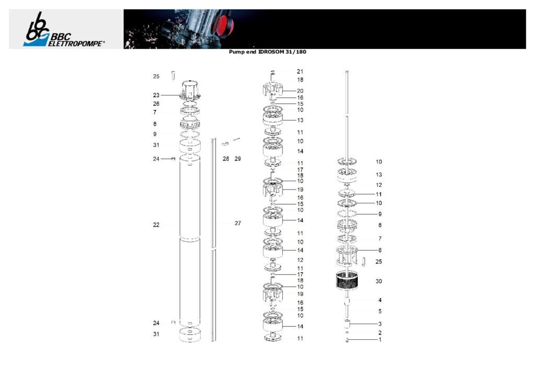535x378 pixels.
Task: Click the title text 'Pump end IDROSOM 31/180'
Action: point(267,52)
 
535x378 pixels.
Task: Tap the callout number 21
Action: point(300,72)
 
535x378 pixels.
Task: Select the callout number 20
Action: point(300,91)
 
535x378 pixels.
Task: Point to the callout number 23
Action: point(156,95)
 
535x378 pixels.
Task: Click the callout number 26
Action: point(156,103)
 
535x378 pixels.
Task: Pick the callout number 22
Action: point(156,225)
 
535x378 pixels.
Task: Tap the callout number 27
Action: point(238,223)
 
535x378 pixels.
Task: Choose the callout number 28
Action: point(226,159)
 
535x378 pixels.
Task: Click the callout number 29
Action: point(238,159)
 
